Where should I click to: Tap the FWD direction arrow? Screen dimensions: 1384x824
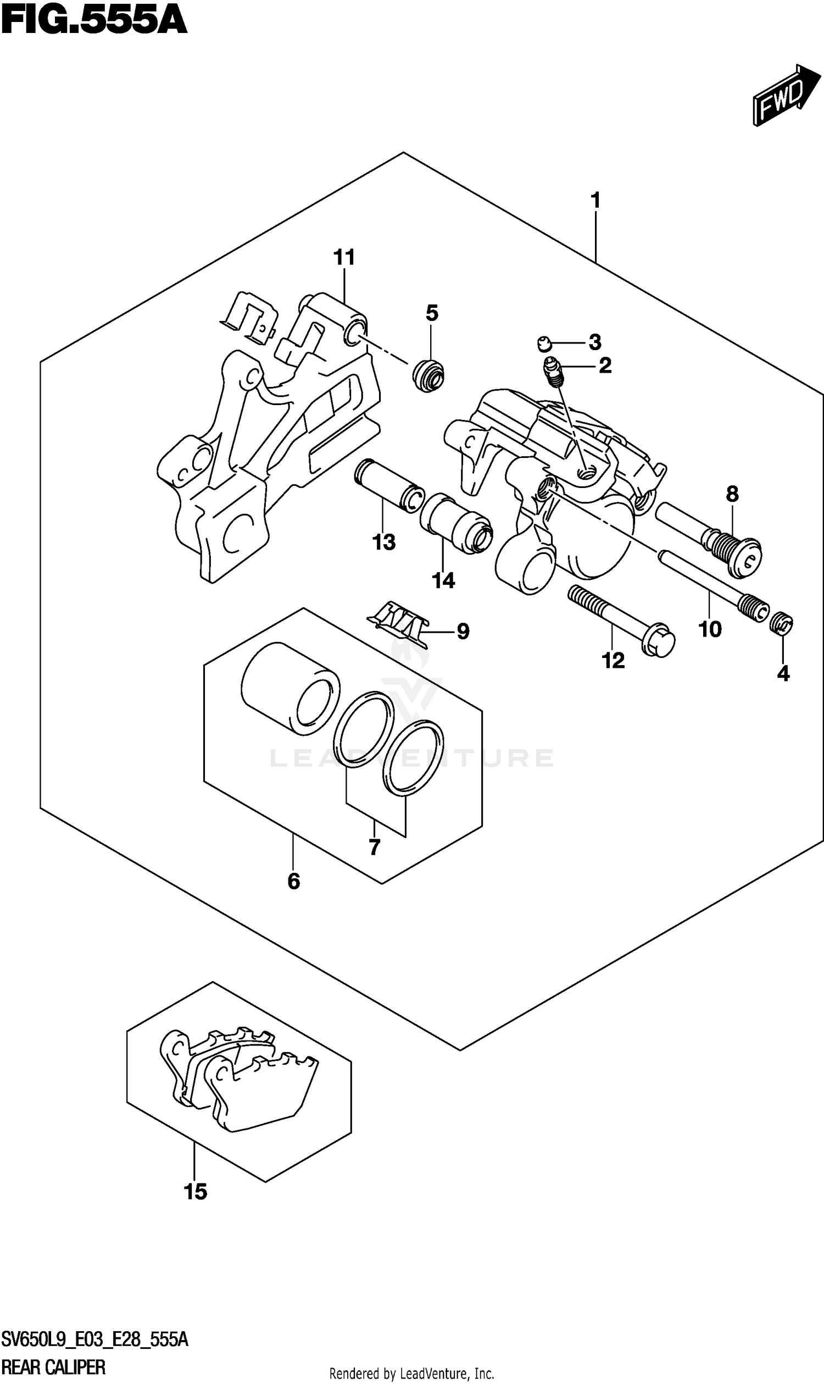786,96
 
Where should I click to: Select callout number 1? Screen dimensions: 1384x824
595,200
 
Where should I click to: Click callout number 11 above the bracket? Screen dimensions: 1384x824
344,257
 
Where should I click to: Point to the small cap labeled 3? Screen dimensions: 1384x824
545,345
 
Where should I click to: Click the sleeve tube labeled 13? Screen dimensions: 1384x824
389,484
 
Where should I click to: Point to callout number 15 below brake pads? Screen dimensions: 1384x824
195,1191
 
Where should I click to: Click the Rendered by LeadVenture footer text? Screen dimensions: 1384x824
411,1374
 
